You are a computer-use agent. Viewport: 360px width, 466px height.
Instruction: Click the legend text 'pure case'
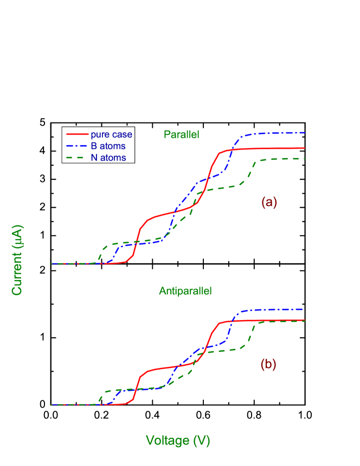(111, 134)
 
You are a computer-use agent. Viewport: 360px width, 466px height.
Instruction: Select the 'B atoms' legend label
(108, 146)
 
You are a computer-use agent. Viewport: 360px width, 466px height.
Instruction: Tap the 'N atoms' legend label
(108, 158)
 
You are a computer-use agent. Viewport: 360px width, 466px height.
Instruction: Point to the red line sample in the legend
(77, 134)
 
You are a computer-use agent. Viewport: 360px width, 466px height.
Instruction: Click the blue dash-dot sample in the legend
(77, 146)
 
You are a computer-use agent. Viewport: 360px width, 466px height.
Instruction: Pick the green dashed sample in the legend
(77, 158)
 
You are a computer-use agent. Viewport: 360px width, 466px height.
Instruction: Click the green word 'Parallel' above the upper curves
(182, 134)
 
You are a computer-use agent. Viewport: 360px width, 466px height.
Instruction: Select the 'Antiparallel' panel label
(185, 291)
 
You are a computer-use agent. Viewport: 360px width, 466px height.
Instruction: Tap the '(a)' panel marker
(269, 202)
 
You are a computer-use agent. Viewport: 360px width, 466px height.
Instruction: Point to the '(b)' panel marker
(268, 365)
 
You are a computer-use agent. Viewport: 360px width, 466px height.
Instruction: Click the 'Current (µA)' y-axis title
(17, 260)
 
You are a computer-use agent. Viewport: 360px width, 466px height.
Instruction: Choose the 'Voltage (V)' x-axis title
(178, 441)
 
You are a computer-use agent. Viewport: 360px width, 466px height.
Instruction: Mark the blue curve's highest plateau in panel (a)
(277, 133)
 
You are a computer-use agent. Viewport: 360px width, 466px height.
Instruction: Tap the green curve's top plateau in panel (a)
(282, 159)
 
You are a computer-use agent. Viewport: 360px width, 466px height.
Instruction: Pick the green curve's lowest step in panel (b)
(125, 390)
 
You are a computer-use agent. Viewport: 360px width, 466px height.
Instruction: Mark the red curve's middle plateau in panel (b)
(168, 367)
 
